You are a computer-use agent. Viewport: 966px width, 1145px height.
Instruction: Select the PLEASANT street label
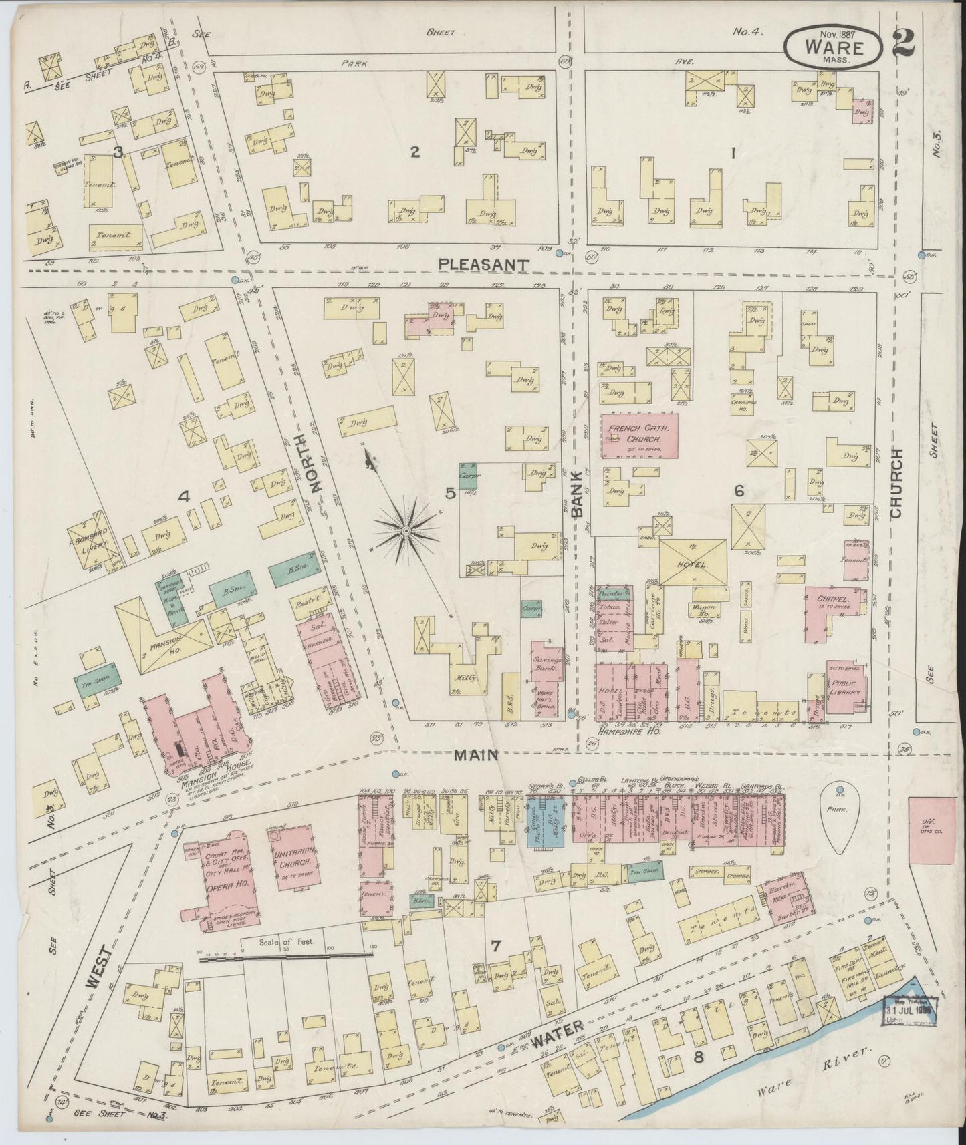click(484, 265)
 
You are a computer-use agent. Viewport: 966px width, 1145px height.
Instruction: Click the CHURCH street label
click(896, 482)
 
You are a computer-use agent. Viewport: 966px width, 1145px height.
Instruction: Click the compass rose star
click(405, 530)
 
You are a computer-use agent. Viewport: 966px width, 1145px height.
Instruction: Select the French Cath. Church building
click(640, 436)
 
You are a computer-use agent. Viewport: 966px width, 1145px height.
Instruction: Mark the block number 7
click(495, 945)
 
